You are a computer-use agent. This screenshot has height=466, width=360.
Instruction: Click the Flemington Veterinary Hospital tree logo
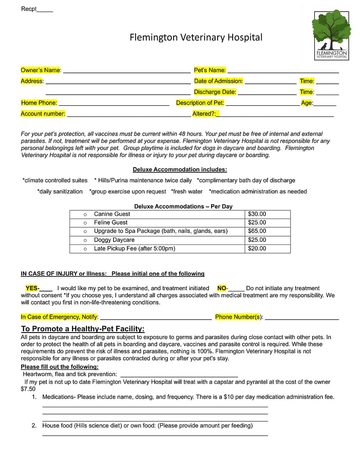(331, 35)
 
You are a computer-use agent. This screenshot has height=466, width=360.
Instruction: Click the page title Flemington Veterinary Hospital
(196, 38)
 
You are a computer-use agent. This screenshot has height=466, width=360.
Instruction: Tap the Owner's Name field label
(41, 70)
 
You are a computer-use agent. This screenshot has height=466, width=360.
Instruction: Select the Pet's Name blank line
(283, 71)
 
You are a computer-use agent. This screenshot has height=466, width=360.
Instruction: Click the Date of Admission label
(218, 81)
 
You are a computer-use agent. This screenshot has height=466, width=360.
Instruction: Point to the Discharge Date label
(215, 92)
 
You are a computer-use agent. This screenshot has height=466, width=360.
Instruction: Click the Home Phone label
(39, 103)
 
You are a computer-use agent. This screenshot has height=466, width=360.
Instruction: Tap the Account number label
(43, 114)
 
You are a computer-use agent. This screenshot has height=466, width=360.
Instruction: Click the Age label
(306, 103)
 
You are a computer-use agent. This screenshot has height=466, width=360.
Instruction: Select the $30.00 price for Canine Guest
(257, 214)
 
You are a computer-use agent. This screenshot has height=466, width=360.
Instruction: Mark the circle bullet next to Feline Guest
(85, 223)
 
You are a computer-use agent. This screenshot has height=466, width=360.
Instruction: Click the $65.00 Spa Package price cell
(257, 231)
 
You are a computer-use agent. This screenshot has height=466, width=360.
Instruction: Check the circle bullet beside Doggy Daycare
(85, 240)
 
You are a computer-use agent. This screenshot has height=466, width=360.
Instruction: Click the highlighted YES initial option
(32, 288)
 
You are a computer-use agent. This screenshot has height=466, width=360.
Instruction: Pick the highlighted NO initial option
(222, 288)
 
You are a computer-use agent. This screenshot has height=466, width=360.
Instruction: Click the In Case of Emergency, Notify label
(60, 317)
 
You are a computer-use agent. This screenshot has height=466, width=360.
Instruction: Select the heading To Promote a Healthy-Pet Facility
(82, 329)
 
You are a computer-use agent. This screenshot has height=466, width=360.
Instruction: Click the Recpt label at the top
(29, 9)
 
